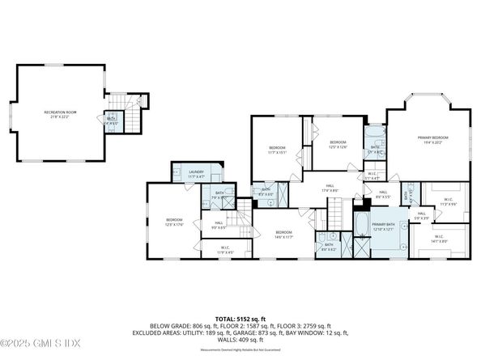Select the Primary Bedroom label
(x=432, y=141)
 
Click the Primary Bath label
(x=384, y=227)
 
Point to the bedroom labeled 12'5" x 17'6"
(x=174, y=222)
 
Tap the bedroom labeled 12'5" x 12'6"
(x=337, y=144)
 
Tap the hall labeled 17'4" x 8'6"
(x=330, y=188)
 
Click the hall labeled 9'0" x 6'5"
(x=219, y=225)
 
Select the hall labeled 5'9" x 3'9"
(x=422, y=216)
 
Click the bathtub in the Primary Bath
(x=361, y=224)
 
